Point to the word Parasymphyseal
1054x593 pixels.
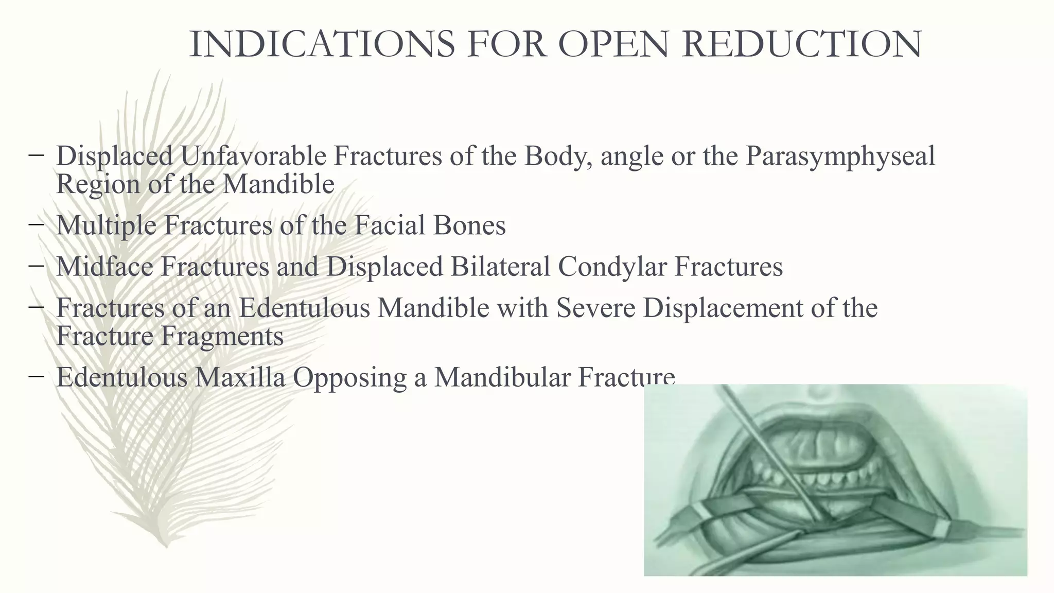(x=840, y=156)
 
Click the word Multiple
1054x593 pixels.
(x=106, y=225)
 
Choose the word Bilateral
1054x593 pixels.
(x=500, y=267)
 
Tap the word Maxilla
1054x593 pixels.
(x=240, y=377)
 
